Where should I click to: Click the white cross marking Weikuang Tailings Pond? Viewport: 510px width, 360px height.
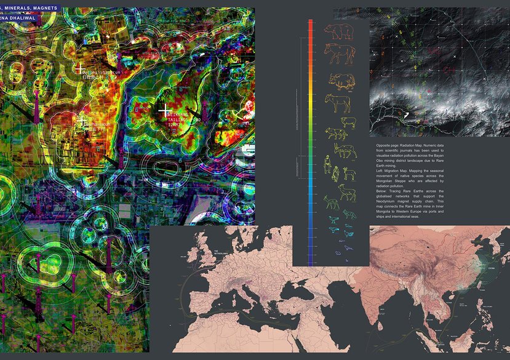[x=165, y=111]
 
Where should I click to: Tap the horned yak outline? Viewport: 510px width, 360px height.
[x=341, y=80]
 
